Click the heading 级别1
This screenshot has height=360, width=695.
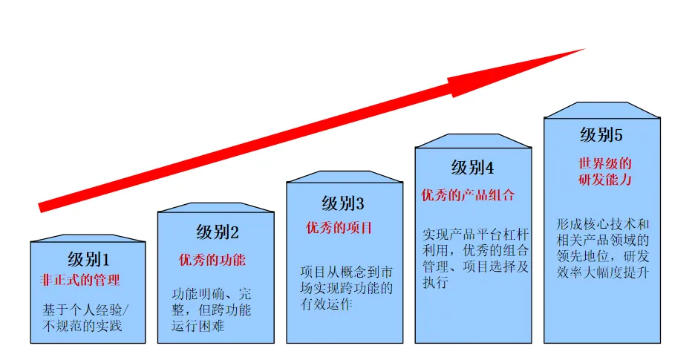(x=88, y=260)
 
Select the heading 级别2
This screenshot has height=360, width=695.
(x=218, y=232)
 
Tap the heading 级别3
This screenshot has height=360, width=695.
(x=343, y=203)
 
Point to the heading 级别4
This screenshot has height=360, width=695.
(x=472, y=168)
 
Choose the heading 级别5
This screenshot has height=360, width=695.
(x=601, y=135)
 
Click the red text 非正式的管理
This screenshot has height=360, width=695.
(x=79, y=281)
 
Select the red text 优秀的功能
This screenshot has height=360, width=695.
(x=212, y=260)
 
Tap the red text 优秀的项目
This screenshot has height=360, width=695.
(x=339, y=228)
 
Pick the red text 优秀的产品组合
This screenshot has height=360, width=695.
(x=468, y=195)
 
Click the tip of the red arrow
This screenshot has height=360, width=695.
(x=584, y=50)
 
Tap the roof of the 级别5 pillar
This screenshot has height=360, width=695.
(x=601, y=110)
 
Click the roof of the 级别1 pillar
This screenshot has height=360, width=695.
(x=88, y=238)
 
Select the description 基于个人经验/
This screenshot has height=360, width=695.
(x=85, y=309)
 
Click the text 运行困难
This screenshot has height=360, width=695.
(x=198, y=326)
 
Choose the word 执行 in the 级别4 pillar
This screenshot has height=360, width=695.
(x=436, y=282)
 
